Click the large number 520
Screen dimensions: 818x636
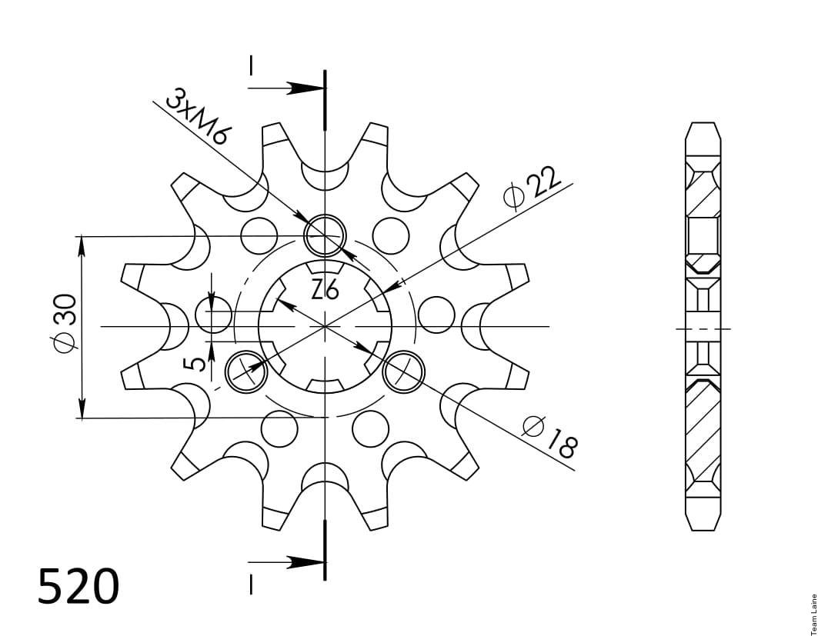78,587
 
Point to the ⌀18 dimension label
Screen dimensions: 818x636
550,437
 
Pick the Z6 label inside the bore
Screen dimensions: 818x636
325,289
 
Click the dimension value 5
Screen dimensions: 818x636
196,363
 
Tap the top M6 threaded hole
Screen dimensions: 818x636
326,235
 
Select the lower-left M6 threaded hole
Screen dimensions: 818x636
245,371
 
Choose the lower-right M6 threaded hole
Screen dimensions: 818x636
404,371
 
